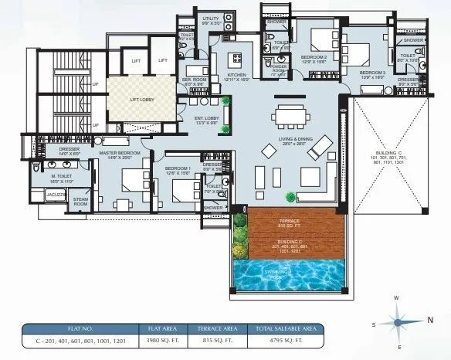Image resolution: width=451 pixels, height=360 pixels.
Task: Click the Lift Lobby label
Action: tap(136, 98)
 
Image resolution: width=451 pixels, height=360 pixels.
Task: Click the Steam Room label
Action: tap(80, 200)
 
